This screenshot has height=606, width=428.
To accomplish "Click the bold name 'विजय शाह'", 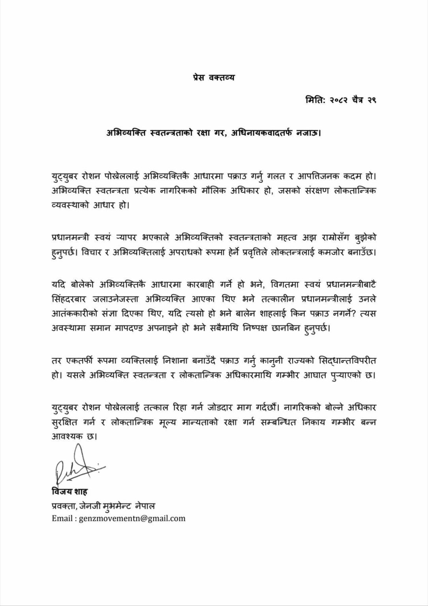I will (69, 492).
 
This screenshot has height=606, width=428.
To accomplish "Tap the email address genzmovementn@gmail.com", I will (132, 518).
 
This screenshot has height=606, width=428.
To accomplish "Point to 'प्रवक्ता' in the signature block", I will (63, 505).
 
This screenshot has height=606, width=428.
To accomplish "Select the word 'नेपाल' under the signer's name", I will (150, 505).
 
